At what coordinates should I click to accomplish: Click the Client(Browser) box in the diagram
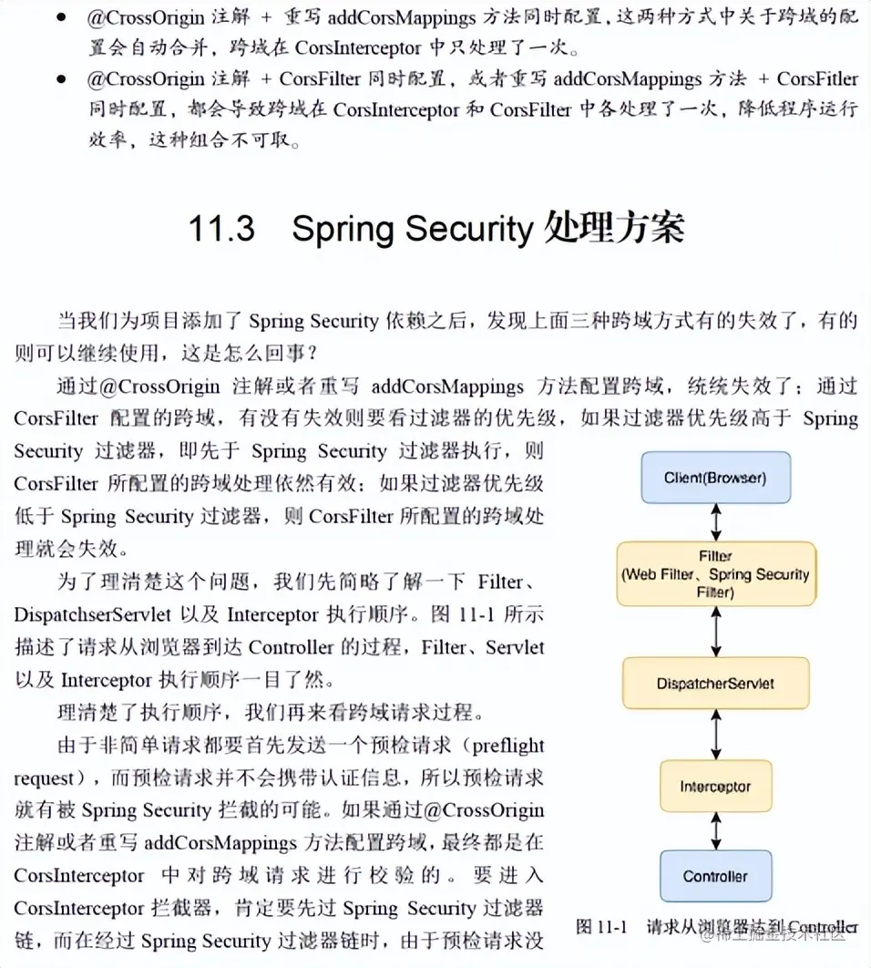coord(715,477)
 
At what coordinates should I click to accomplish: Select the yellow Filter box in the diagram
coord(715,574)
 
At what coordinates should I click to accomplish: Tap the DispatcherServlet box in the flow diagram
coord(715,683)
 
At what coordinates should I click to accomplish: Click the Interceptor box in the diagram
coord(715,786)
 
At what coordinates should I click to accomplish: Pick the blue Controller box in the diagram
coord(715,876)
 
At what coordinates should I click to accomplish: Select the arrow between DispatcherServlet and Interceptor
coord(716,735)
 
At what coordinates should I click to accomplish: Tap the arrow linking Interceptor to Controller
coord(716,831)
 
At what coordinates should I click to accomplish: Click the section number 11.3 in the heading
coord(220,229)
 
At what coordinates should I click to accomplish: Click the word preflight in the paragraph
coord(504,746)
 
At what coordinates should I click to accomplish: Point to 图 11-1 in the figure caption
coord(601,927)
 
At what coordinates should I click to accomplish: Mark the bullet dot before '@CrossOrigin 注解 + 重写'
coord(61,18)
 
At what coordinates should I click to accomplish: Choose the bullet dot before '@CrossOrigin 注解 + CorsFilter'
coord(61,78)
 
